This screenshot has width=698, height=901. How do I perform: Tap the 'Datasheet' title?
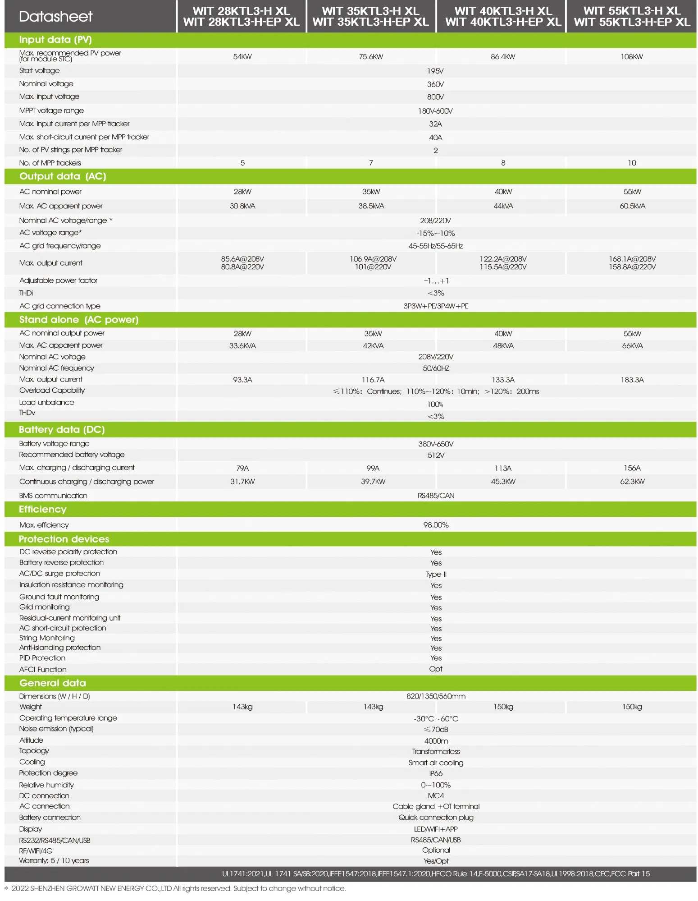click(55, 17)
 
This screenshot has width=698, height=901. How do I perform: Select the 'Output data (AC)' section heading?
click(63, 176)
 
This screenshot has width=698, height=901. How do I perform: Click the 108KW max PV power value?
click(632, 57)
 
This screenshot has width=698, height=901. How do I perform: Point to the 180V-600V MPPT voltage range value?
click(435, 111)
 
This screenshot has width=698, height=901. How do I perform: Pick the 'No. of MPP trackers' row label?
click(50, 163)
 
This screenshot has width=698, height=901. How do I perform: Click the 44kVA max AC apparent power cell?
click(503, 206)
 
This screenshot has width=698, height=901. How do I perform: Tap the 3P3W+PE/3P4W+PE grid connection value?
click(436, 306)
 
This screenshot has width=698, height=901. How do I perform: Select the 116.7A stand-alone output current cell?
click(373, 380)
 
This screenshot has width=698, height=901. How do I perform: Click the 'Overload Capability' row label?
click(52, 391)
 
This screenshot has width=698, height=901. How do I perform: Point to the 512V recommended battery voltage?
click(436, 455)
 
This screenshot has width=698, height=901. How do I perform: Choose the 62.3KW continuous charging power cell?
click(632, 482)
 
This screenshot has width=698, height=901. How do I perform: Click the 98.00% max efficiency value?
click(436, 525)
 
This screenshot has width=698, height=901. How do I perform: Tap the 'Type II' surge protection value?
click(436, 574)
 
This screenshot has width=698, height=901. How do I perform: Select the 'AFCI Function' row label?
click(43, 670)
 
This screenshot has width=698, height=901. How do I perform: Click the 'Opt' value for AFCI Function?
click(436, 669)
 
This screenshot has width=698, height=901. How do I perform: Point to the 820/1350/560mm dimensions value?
click(436, 696)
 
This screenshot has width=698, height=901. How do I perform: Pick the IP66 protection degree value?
click(436, 773)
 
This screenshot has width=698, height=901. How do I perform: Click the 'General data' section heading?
click(53, 683)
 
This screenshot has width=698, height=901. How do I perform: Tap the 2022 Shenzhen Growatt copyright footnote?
click(178, 888)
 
